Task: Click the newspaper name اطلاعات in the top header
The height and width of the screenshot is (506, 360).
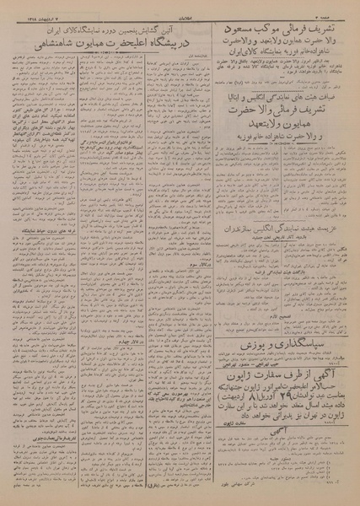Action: tap(180, 12)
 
